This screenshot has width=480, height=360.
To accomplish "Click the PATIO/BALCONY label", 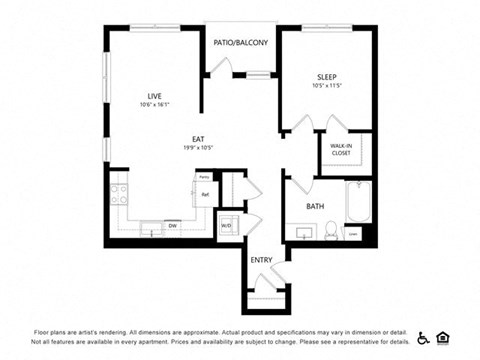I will (x=241, y=43).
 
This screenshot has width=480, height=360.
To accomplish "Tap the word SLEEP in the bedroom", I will (x=327, y=78).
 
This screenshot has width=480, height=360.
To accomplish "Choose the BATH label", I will (x=315, y=207).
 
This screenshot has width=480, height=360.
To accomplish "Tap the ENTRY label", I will (x=261, y=260).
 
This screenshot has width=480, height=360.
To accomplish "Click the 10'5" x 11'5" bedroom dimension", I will (x=327, y=87).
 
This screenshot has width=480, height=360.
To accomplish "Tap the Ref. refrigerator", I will (x=203, y=194).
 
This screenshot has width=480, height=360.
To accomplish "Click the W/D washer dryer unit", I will (x=226, y=226).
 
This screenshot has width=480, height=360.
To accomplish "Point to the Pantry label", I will (x=203, y=177).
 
